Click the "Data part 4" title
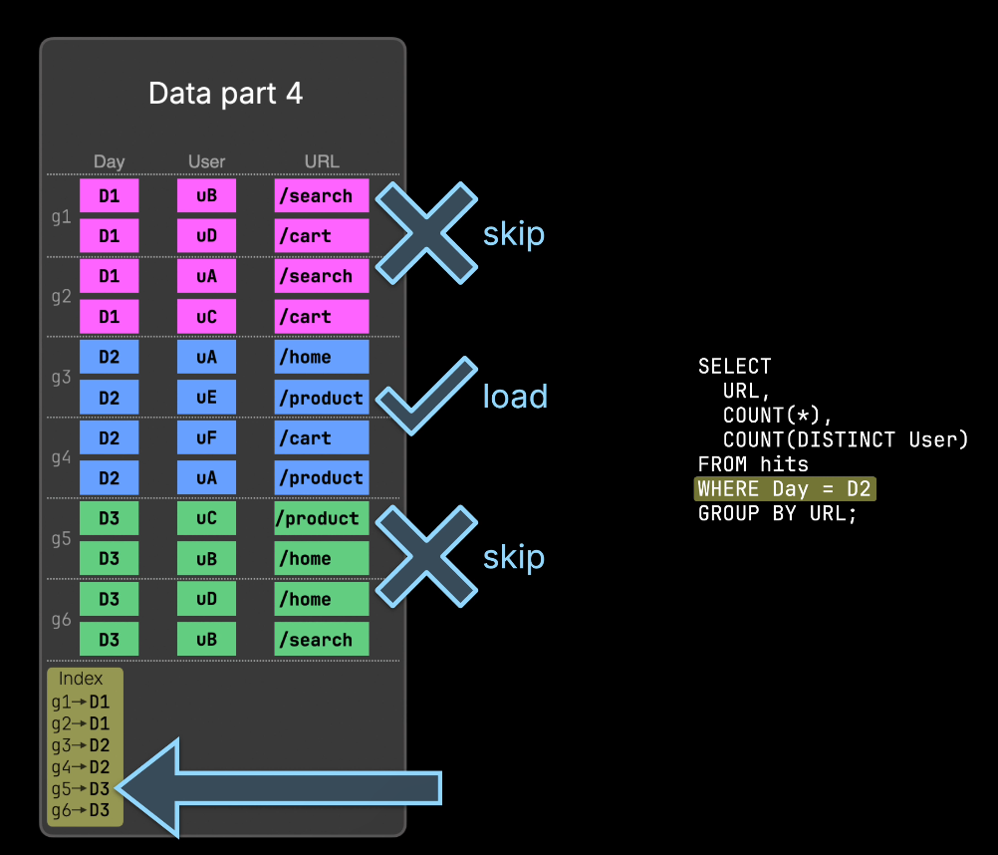click(225, 94)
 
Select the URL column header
click(322, 161)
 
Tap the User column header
click(206, 161)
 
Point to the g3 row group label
click(61, 378)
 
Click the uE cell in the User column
click(206, 398)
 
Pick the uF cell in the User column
click(206, 438)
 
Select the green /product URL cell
click(322, 518)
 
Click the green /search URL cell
click(322, 639)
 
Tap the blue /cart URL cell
click(322, 438)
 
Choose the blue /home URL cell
click(322, 357)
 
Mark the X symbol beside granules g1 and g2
click(426, 233)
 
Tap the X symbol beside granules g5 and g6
click(426, 556)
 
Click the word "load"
click(515, 396)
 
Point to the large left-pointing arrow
click(279, 788)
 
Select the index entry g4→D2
click(81, 767)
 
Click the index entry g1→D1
click(81, 703)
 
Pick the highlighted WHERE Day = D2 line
click(785, 489)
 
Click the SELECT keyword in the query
click(734, 366)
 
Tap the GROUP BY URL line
click(778, 513)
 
